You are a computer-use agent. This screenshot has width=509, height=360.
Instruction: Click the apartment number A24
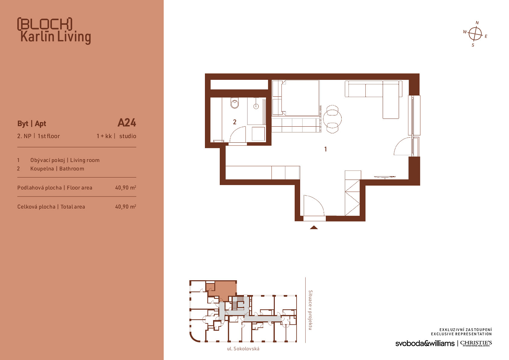(x=127, y=123)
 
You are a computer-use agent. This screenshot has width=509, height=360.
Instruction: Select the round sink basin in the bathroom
(x=256, y=106)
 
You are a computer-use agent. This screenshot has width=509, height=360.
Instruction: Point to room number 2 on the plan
(x=235, y=122)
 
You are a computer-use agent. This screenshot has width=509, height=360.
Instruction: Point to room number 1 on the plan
(x=326, y=149)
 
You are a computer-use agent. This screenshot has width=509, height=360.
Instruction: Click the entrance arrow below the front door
(x=314, y=227)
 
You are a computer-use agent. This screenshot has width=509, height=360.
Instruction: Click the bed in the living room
(x=296, y=98)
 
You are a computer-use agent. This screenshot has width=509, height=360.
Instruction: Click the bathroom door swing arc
(x=236, y=131)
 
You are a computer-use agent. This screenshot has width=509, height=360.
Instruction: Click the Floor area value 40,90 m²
(x=126, y=187)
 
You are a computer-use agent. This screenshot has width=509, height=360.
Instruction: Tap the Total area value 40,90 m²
(x=126, y=207)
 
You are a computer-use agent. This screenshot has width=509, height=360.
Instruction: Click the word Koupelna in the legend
(x=42, y=169)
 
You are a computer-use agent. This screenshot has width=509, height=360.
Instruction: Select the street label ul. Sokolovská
(x=243, y=349)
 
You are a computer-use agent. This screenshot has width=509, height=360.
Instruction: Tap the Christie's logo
(x=476, y=343)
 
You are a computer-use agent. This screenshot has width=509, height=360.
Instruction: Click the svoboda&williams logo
(x=425, y=343)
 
